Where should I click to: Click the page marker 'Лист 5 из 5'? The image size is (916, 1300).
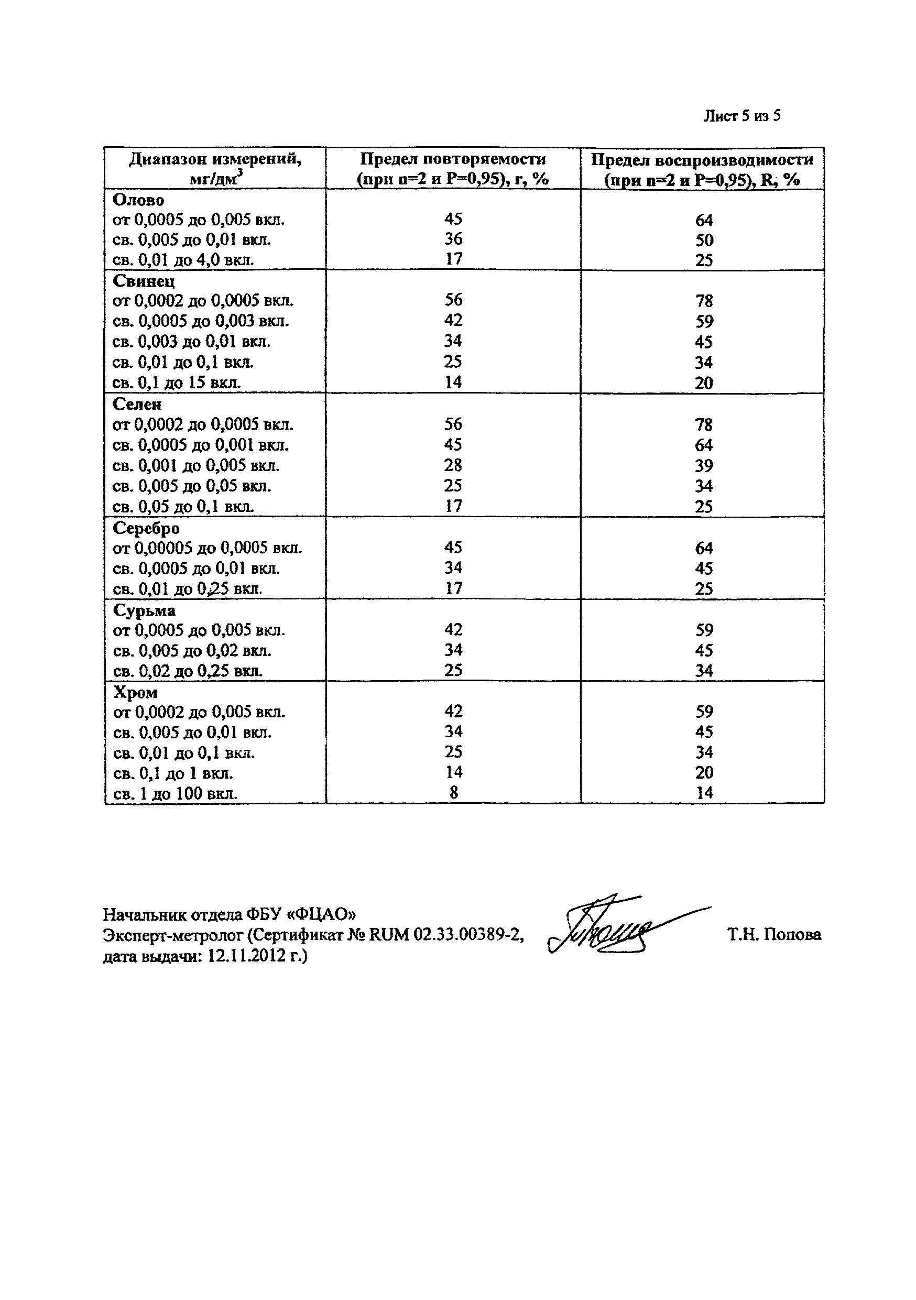point(741,116)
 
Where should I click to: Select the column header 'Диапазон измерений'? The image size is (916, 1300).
point(215,159)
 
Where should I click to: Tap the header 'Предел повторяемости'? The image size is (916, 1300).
point(453,159)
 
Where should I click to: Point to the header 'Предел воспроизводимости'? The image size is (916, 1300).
point(702,160)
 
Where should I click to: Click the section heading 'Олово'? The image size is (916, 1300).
point(139,200)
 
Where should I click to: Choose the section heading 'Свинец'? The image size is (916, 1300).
point(144,281)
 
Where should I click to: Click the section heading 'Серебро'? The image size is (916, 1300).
point(146,528)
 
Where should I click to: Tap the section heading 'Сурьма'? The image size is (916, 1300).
point(144,610)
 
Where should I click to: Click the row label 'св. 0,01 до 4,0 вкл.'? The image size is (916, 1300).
point(183,260)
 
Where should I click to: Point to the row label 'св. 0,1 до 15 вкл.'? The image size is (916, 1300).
point(177,383)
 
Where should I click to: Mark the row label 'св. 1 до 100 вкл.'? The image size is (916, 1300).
point(176,793)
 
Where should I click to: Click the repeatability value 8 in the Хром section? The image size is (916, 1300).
point(453,793)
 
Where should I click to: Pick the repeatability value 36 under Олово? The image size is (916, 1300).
point(453,239)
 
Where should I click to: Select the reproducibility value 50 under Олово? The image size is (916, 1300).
point(704,240)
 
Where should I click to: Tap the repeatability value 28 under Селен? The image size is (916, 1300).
point(453,465)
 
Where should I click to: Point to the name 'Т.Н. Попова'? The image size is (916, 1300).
point(774,934)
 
